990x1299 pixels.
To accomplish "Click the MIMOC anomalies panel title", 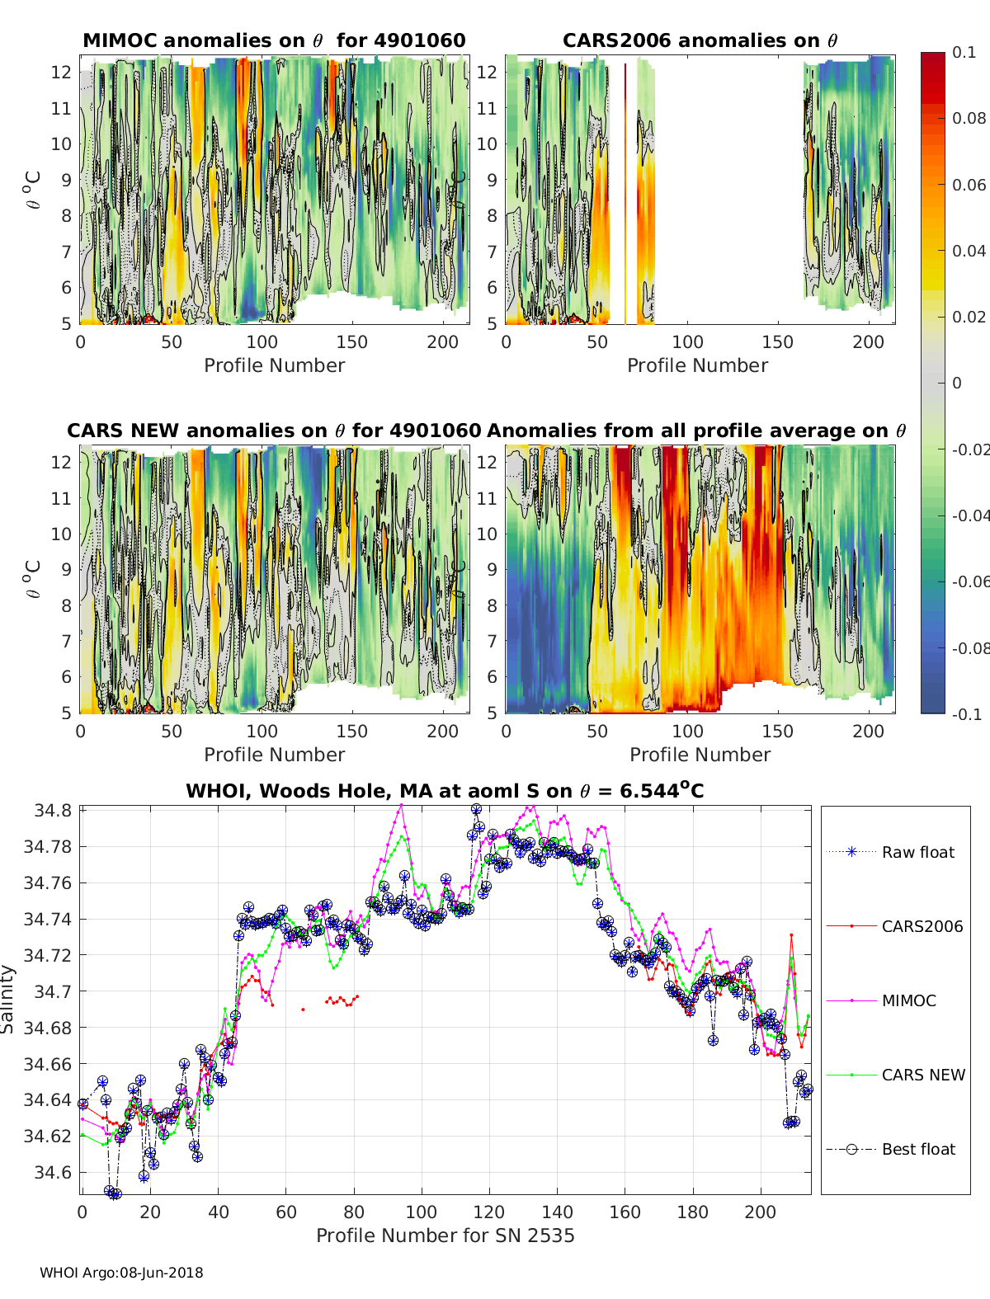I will pyautogui.click(x=274, y=40).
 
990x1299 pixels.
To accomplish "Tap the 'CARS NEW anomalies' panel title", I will pyautogui.click(x=274, y=431).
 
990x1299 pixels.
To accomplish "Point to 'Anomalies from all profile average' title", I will pyautogui.click(x=696, y=431).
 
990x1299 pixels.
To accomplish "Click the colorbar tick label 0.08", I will pyautogui.click(x=969, y=118).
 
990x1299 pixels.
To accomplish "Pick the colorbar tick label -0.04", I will pyautogui.click(x=969, y=515).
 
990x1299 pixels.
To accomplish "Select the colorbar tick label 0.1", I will pyautogui.click(x=964, y=52).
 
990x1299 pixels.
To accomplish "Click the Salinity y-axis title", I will pyautogui.click(x=8, y=999).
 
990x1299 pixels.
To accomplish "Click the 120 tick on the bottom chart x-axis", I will pyautogui.click(x=489, y=1212).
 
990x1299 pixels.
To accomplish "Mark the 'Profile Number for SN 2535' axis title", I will pyautogui.click(x=445, y=1235).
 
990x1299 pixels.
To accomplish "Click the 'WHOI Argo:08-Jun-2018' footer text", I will pyautogui.click(x=121, y=1273).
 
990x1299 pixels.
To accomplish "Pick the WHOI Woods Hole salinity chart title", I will pyautogui.click(x=445, y=791).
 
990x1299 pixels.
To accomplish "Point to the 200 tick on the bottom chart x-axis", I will pyautogui.click(x=760, y=1212).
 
